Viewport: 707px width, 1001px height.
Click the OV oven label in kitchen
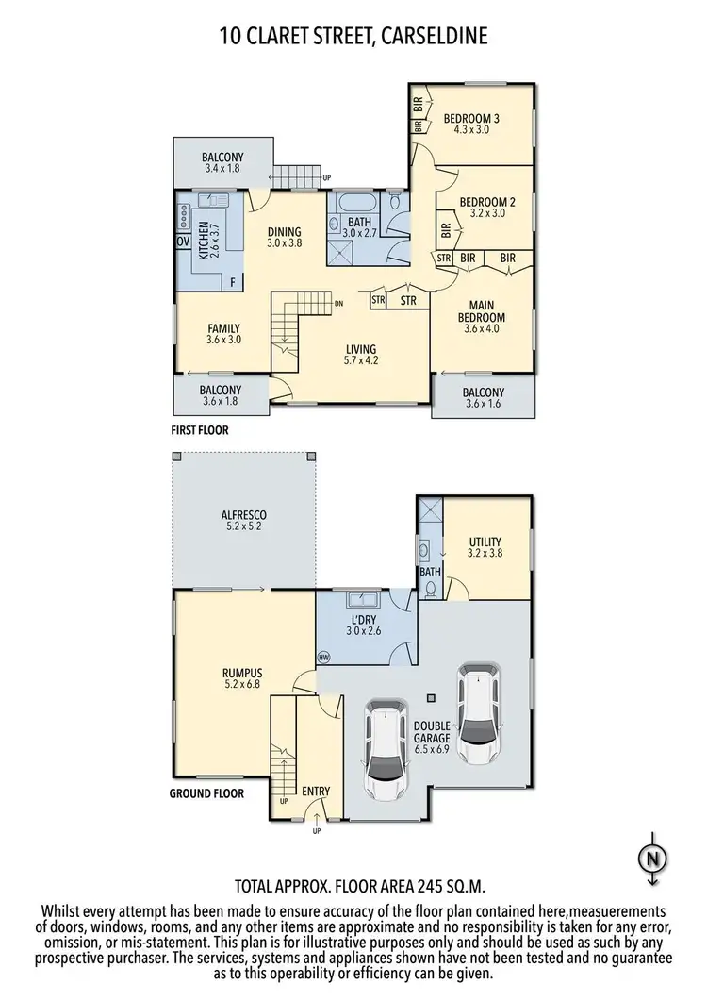(183, 242)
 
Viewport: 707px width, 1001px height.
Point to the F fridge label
(232, 281)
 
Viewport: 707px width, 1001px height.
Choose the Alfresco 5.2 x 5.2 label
(244, 521)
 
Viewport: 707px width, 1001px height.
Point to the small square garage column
(430, 697)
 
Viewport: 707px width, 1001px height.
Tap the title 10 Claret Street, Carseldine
(353, 37)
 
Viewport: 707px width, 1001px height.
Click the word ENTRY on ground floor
(316, 791)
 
